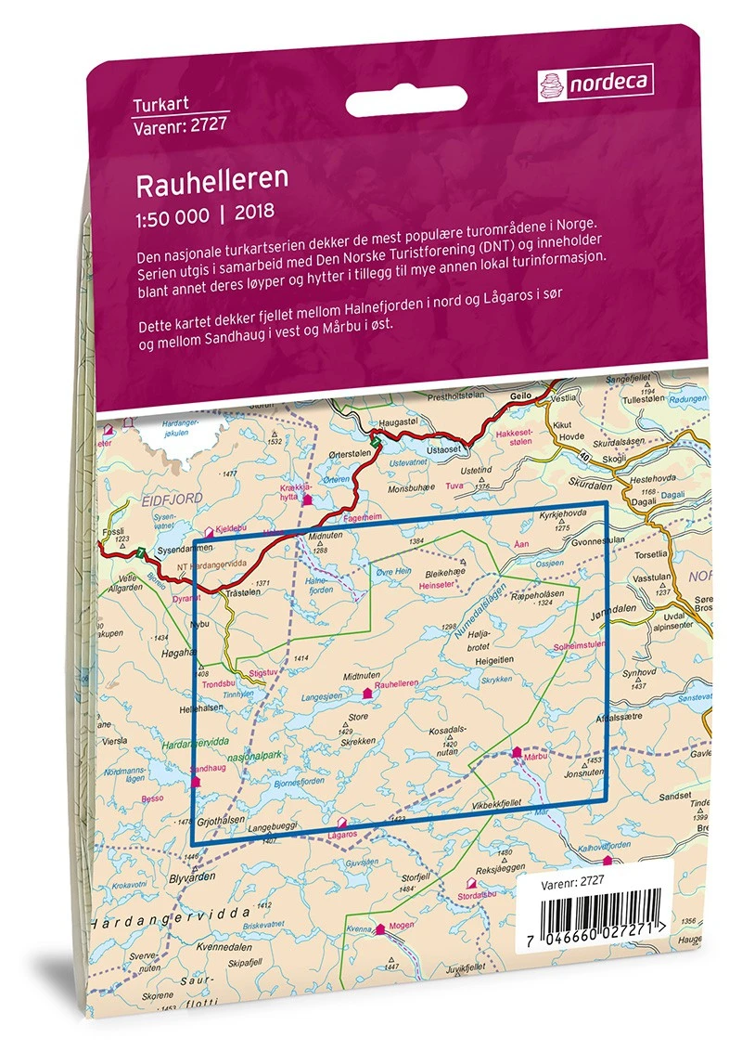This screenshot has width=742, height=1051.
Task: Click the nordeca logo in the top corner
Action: point(595,84)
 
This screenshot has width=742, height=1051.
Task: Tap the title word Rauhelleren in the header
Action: point(199,181)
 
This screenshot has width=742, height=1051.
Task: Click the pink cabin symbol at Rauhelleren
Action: point(368,693)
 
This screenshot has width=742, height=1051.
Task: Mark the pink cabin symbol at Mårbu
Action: point(517,753)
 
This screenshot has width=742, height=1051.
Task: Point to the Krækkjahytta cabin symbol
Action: point(308,500)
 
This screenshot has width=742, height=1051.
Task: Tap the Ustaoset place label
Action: point(441,449)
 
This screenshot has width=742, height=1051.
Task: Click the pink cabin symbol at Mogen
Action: point(379,928)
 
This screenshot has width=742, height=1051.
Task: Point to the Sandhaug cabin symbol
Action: point(195,782)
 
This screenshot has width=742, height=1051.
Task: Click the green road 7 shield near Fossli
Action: point(139,554)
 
